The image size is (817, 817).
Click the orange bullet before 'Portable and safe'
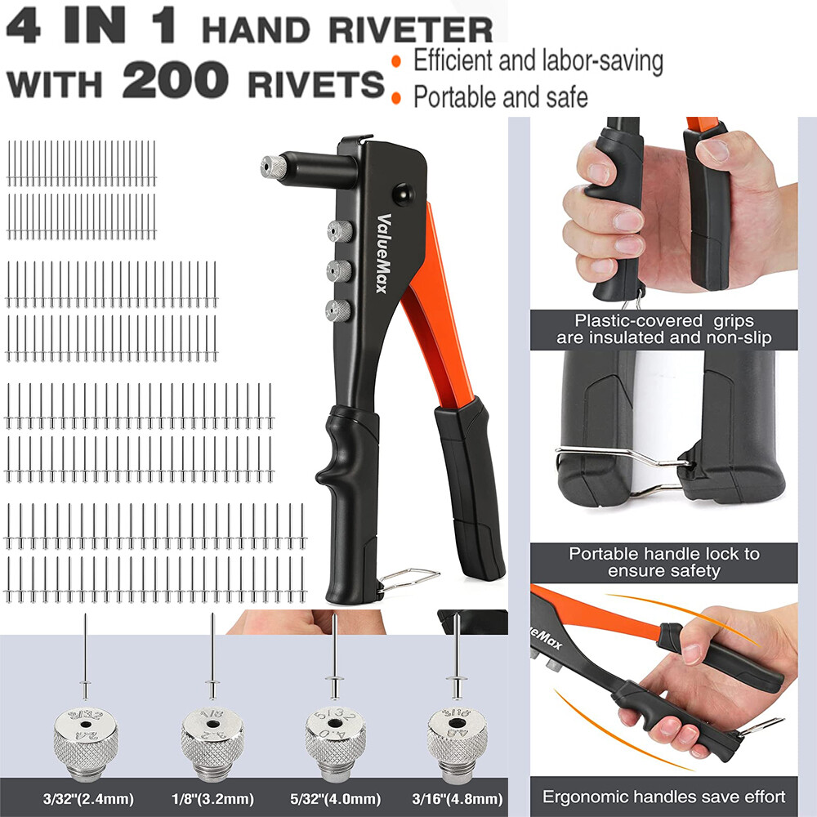pyautogui.click(x=396, y=99)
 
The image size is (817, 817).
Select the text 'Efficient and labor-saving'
pyautogui.click(x=538, y=60)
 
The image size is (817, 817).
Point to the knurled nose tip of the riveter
pyautogui.click(x=274, y=167)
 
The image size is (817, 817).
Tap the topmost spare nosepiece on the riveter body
pyautogui.click(x=337, y=231)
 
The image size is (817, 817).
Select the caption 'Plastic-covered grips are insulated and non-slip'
pyautogui.click(x=663, y=329)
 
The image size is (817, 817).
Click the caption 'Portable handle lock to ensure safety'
pyautogui.click(x=664, y=561)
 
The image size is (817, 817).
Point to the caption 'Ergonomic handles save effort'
pyautogui.click(x=664, y=797)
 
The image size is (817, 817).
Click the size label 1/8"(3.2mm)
pyautogui.click(x=212, y=798)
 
